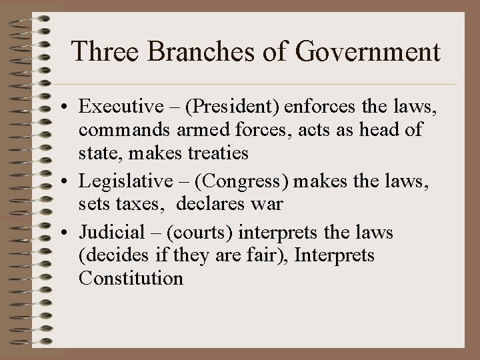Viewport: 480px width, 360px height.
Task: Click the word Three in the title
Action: [99, 53]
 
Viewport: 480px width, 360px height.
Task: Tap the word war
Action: [268, 203]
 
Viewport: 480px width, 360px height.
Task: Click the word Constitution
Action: [131, 278]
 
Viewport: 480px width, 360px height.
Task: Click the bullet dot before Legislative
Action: [68, 181]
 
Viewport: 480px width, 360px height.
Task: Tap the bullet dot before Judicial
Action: [68, 233]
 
